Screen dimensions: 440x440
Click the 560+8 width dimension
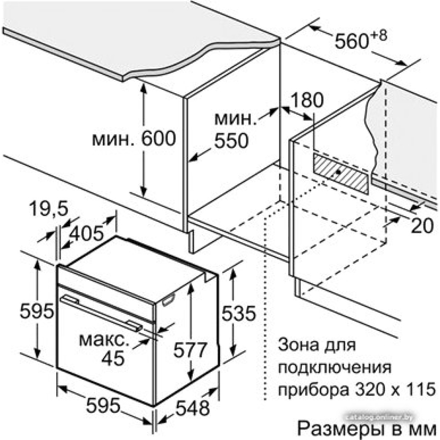point(360,40)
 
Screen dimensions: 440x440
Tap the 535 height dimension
point(238,313)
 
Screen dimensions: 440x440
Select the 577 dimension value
point(189,351)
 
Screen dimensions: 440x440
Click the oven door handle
point(101,312)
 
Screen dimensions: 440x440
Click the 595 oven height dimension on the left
point(37,312)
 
